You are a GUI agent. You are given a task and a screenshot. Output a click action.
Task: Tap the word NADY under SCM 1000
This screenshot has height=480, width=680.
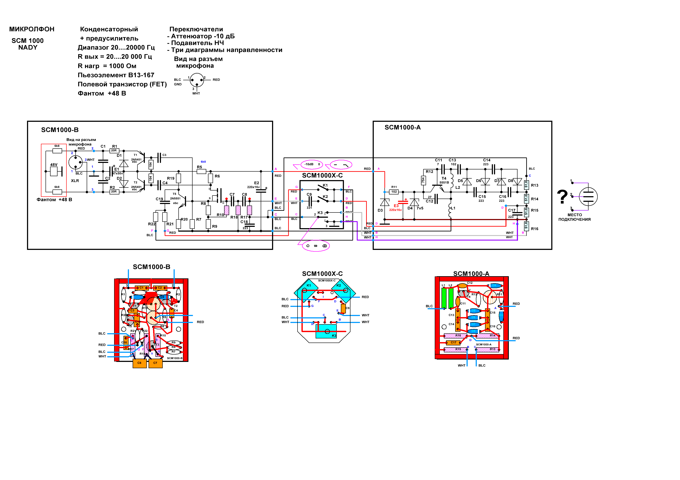click(28, 48)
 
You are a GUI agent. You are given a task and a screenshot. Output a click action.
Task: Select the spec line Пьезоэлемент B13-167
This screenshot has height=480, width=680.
click(116, 75)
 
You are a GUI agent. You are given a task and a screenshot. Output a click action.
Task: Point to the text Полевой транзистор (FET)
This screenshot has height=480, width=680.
click(122, 84)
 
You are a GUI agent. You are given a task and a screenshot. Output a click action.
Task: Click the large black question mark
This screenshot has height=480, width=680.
click(562, 197)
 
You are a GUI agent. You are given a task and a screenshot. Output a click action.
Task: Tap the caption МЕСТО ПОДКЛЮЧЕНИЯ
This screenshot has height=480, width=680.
click(574, 217)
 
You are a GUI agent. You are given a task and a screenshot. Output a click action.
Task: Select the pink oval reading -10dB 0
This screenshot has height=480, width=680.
click(311, 164)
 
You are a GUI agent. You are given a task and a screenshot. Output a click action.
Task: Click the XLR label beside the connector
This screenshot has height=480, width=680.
click(75, 181)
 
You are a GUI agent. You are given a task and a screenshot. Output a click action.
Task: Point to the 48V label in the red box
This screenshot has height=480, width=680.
click(54, 165)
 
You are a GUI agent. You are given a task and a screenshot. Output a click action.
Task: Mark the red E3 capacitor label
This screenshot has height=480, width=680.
click(396, 206)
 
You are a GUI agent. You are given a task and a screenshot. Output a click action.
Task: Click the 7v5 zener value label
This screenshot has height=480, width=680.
click(420, 208)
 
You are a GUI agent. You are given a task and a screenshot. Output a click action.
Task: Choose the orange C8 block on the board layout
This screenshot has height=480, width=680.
click(139, 363)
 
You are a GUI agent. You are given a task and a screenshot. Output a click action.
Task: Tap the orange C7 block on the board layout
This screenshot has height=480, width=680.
click(156, 363)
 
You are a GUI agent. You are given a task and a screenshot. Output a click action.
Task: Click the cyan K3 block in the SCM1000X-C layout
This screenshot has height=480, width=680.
click(326, 331)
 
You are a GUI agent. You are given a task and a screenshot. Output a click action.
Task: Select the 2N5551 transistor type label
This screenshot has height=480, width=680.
click(175, 198)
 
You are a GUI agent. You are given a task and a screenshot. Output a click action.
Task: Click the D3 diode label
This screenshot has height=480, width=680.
click(380, 210)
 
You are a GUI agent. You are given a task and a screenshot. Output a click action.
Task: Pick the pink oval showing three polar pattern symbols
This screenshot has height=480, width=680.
click(316, 246)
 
